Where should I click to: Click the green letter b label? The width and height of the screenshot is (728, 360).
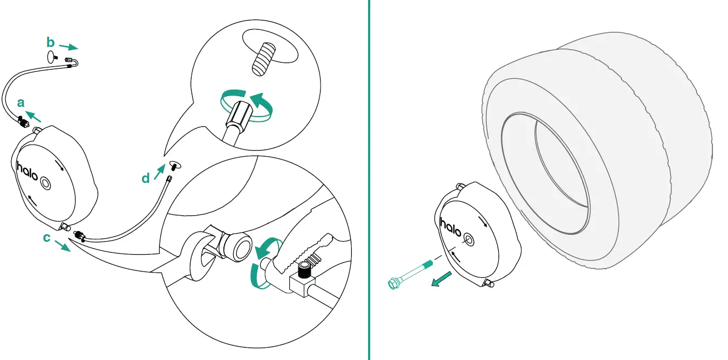tap(50, 42)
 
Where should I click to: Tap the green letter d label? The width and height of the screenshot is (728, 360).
tap(145, 178)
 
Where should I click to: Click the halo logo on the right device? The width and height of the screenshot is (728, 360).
tap(451, 227)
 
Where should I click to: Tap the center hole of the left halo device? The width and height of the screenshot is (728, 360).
tap(45, 185)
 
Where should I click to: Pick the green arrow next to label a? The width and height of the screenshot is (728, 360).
tap(34, 115)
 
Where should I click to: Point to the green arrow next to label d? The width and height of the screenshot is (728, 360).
tap(159, 172)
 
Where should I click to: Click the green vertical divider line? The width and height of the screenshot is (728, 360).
tap(369, 180)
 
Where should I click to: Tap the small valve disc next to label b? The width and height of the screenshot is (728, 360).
tap(51, 56)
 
